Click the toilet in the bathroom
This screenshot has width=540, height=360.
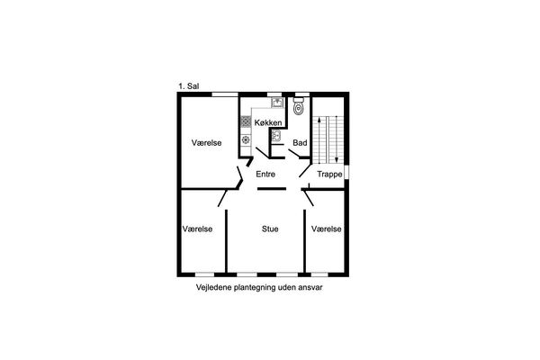pos(298,106)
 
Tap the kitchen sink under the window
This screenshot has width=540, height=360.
pos(277,103)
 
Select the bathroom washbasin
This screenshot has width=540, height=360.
pos(276,136)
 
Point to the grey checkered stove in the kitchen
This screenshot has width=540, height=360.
pos(246,121)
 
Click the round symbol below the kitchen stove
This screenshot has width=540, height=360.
pos(246,139)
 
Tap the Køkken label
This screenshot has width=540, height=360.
pos(268,122)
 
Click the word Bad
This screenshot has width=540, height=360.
pos(300,142)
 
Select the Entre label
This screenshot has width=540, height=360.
pos(265,175)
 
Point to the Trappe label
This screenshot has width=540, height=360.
pos(329,175)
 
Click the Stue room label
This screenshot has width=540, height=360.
pos(270,229)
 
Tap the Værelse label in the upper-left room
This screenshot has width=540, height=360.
pos(206,142)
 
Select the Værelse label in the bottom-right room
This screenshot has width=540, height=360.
pos(326,229)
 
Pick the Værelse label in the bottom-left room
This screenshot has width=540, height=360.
pos(197,229)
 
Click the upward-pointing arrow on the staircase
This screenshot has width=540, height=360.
pos(319,139)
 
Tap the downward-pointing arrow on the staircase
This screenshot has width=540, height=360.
pos(337,139)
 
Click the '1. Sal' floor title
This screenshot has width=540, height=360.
pos(189,86)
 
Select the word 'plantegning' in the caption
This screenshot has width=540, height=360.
pos(255,288)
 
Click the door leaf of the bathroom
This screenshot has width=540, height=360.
pos(293,153)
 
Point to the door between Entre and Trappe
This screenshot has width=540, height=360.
pos(305,170)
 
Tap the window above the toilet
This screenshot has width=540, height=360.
pos(302,94)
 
